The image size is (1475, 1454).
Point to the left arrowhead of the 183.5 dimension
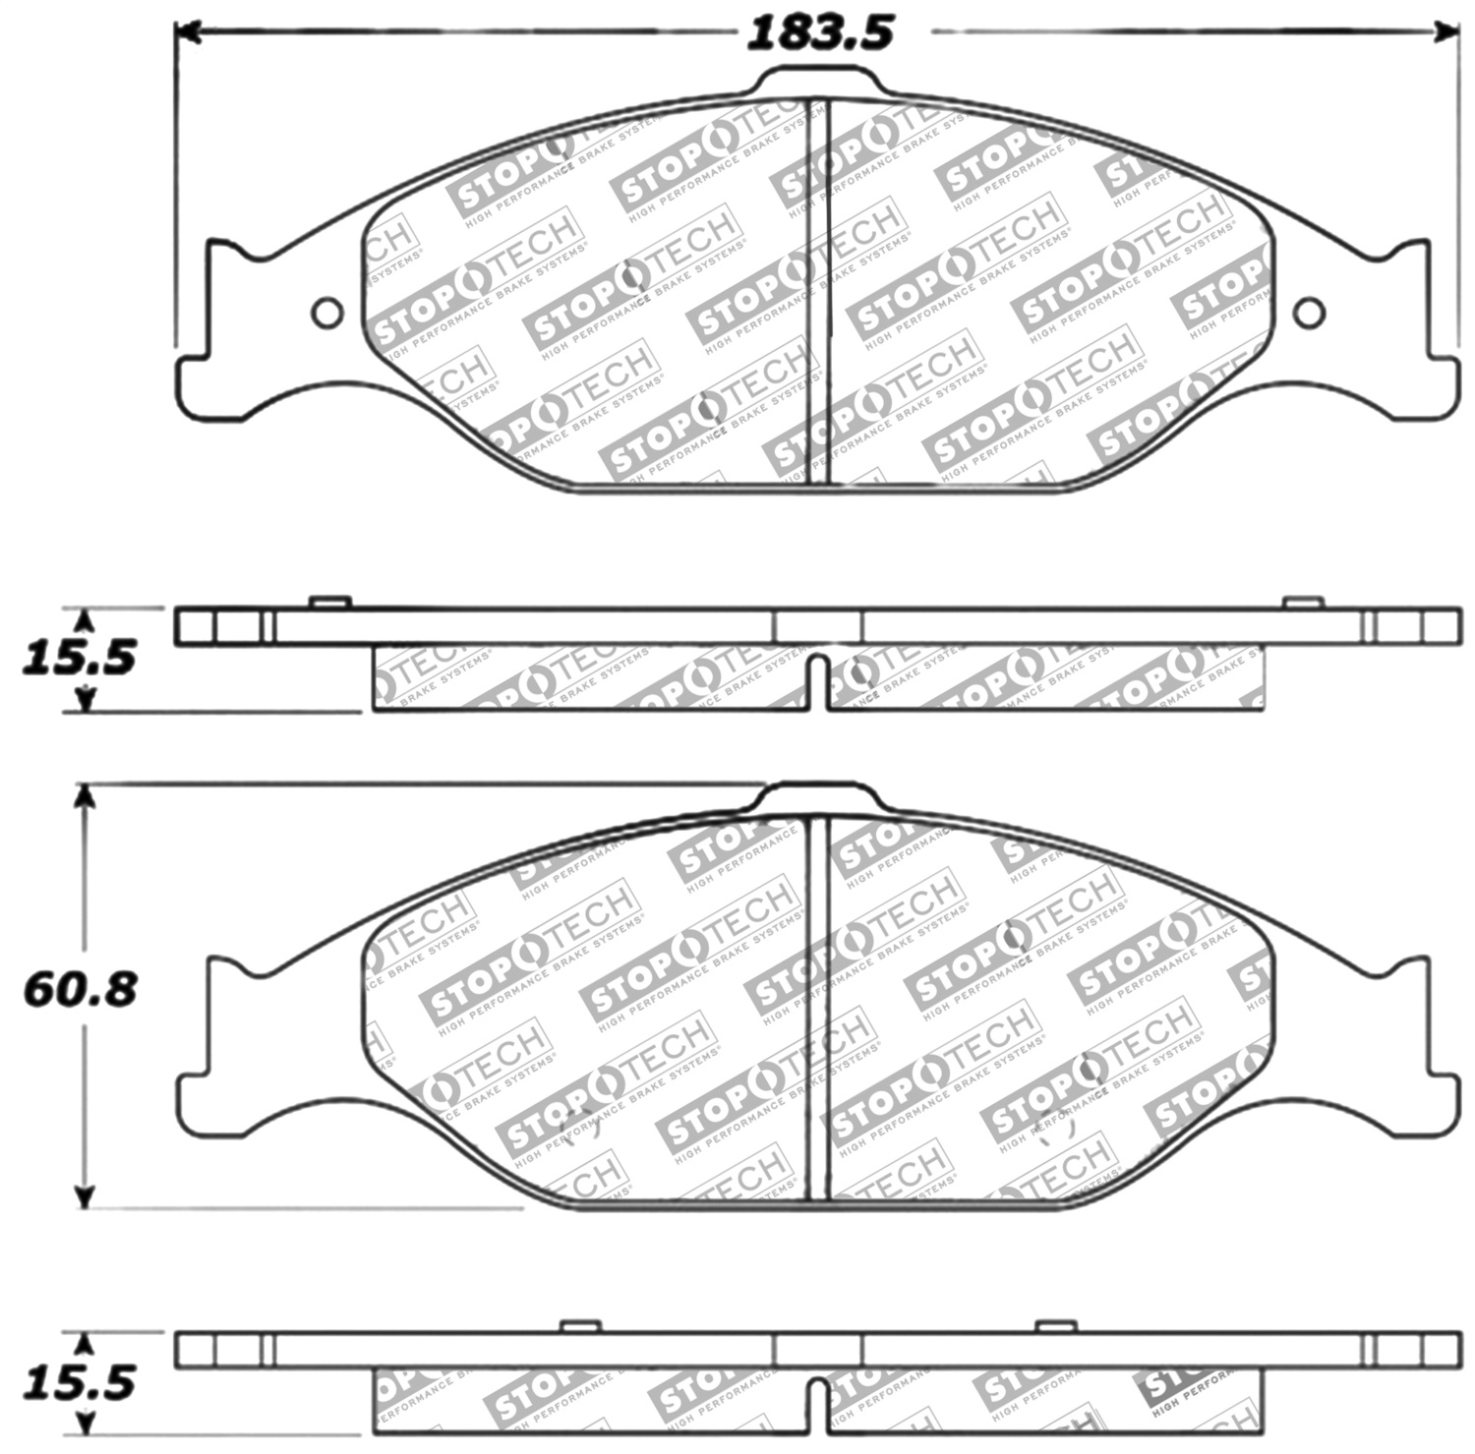187,33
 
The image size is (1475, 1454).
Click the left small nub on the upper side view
328,602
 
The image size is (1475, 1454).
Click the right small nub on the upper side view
1302,602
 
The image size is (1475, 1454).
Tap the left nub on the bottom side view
579,1326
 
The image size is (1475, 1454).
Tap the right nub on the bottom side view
1053,1326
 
